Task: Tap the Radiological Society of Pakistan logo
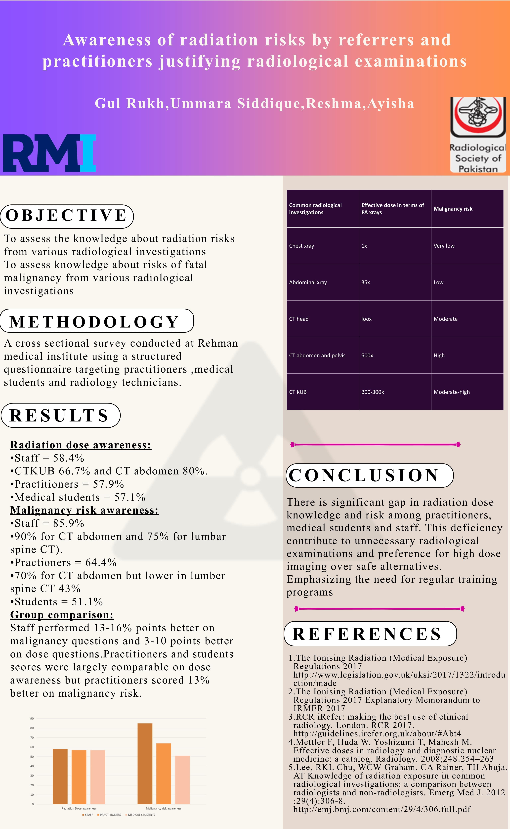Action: (478, 135)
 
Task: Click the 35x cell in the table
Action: (366, 282)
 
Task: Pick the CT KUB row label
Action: (298, 392)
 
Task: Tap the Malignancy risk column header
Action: (453, 209)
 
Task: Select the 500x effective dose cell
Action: (367, 356)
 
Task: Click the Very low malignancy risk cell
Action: (444, 246)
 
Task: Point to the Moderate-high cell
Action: (452, 392)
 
